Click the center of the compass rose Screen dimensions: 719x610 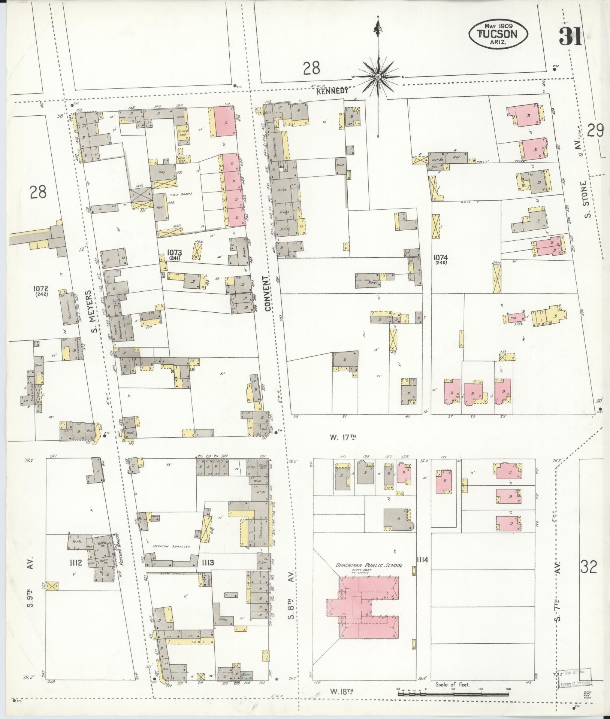[378, 77]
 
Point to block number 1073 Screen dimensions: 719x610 [175, 253]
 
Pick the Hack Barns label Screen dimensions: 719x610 [180, 194]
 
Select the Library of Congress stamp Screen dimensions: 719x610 [574, 679]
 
